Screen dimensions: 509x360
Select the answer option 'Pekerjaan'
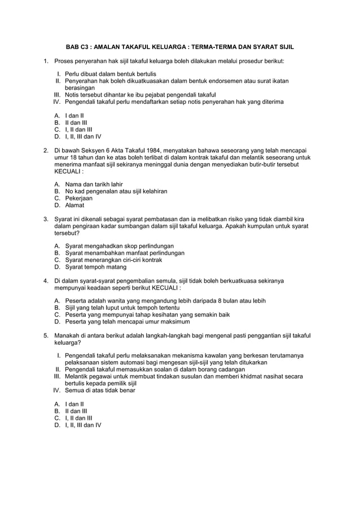(79, 198)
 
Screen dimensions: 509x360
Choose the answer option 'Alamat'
(74, 205)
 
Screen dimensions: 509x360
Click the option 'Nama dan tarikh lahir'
(94, 184)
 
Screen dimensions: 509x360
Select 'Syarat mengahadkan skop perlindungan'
(120, 246)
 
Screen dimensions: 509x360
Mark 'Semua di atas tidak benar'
(100, 390)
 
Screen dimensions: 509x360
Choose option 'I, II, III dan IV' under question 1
(84, 136)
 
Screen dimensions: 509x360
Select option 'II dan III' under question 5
(76, 411)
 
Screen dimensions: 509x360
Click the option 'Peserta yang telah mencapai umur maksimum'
(128, 322)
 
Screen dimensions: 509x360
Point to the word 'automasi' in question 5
(139, 362)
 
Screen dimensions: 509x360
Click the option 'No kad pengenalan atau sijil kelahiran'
(116, 191)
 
